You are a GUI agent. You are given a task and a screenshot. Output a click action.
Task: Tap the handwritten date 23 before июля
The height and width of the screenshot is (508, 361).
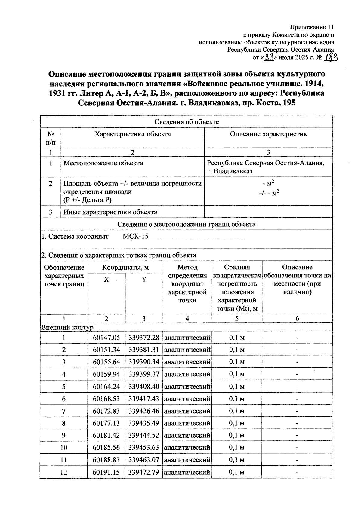pyautogui.click(x=268, y=57)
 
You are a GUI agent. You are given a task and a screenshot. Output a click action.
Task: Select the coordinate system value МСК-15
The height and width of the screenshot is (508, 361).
pyautogui.click(x=135, y=236)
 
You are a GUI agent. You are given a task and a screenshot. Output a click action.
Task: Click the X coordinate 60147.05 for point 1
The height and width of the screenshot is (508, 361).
pyautogui.click(x=106, y=338)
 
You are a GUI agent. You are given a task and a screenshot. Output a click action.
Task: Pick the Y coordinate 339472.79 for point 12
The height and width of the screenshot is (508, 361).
pyautogui.click(x=143, y=472)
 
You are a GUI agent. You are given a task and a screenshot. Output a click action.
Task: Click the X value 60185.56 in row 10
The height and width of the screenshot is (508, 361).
pyautogui.click(x=106, y=448)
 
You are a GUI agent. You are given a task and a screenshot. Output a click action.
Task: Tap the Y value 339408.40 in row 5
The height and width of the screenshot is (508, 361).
pyautogui.click(x=143, y=386)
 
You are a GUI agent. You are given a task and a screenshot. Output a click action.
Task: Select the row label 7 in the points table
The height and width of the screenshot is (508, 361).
pyautogui.click(x=64, y=411)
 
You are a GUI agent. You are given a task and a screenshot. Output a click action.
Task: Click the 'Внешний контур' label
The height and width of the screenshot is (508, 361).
pyautogui.click(x=67, y=327)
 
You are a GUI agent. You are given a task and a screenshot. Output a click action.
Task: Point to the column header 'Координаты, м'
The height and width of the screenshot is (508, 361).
pyautogui.click(x=125, y=267)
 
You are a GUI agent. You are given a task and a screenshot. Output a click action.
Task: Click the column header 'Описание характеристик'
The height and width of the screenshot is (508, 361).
pyautogui.click(x=268, y=134)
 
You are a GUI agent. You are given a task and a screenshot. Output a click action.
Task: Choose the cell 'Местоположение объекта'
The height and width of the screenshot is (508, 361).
pyautogui.click(x=103, y=163)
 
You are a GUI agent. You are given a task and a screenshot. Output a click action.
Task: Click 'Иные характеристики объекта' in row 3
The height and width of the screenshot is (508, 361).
pyautogui.click(x=110, y=212)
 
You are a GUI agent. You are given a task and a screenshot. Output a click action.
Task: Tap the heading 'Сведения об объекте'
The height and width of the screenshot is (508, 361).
pyautogui.click(x=187, y=122)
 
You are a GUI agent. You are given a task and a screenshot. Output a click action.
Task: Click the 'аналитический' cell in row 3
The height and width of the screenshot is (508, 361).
pyautogui.click(x=187, y=362)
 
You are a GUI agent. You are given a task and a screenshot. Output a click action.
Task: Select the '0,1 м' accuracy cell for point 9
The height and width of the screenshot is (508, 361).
pyautogui.click(x=237, y=435)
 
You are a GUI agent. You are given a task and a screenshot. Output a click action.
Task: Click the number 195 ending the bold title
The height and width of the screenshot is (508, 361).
pyautogui.click(x=289, y=103)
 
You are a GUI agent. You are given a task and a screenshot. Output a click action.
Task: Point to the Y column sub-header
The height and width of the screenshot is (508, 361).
pyautogui.click(x=144, y=279)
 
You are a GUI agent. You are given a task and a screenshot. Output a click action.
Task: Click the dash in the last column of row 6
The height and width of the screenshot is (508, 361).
pyautogui.click(x=297, y=399)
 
